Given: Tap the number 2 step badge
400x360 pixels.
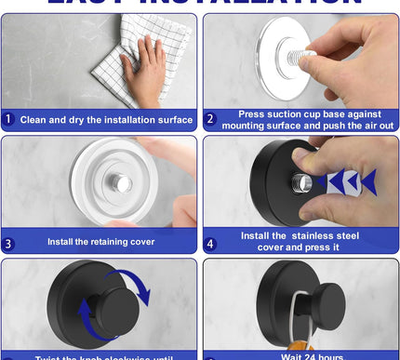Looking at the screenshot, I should [x=210, y=119].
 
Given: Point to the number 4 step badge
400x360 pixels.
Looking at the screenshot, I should [x=210, y=243].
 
